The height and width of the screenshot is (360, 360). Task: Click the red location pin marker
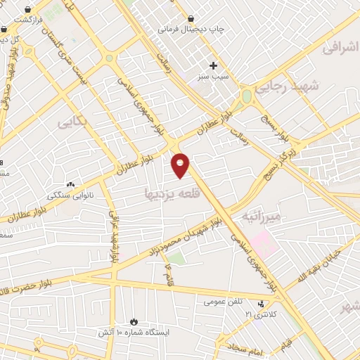point(181,165)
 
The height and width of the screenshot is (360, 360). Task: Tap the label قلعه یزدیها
point(168,192)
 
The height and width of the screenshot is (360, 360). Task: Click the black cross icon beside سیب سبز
point(212,65)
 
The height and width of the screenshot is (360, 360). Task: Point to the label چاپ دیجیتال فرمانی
point(190,30)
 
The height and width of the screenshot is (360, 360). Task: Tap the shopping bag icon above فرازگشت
point(27,10)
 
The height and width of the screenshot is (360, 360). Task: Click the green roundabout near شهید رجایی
point(247,96)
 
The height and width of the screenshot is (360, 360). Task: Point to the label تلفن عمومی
point(223,302)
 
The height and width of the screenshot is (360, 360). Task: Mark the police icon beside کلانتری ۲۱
point(262,304)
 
